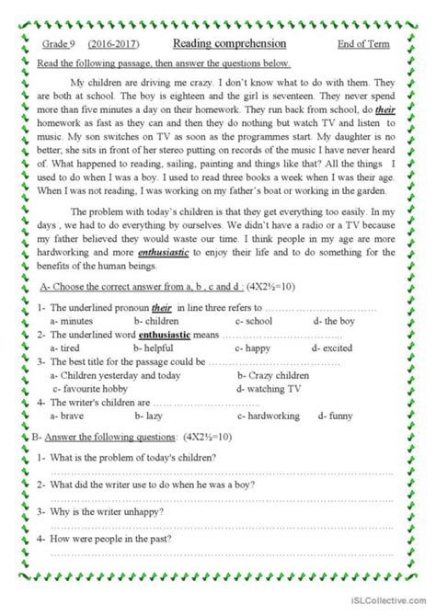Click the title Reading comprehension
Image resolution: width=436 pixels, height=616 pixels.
click(229, 44)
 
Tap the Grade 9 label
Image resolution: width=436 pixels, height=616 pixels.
click(62, 45)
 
